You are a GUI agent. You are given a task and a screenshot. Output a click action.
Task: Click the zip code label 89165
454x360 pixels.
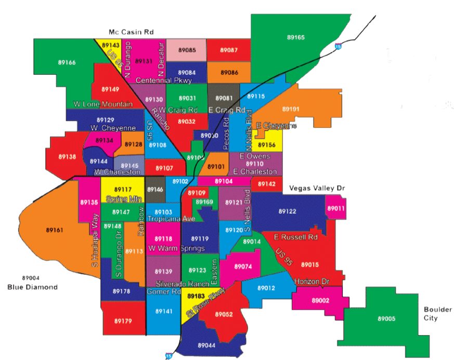coord(295,37)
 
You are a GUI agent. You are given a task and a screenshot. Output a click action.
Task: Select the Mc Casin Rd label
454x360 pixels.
coord(131,32)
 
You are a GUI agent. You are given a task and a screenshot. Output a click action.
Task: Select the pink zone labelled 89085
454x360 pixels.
coord(187,50)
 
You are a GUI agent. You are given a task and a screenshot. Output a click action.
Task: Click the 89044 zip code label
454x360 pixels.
coord(206,345)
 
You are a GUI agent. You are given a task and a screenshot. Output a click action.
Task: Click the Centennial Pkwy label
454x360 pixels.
coord(163,81)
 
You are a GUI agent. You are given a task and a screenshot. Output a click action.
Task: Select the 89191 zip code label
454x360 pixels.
coord(291,109)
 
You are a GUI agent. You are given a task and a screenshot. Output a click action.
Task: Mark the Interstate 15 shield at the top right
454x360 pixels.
coord(338,45)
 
